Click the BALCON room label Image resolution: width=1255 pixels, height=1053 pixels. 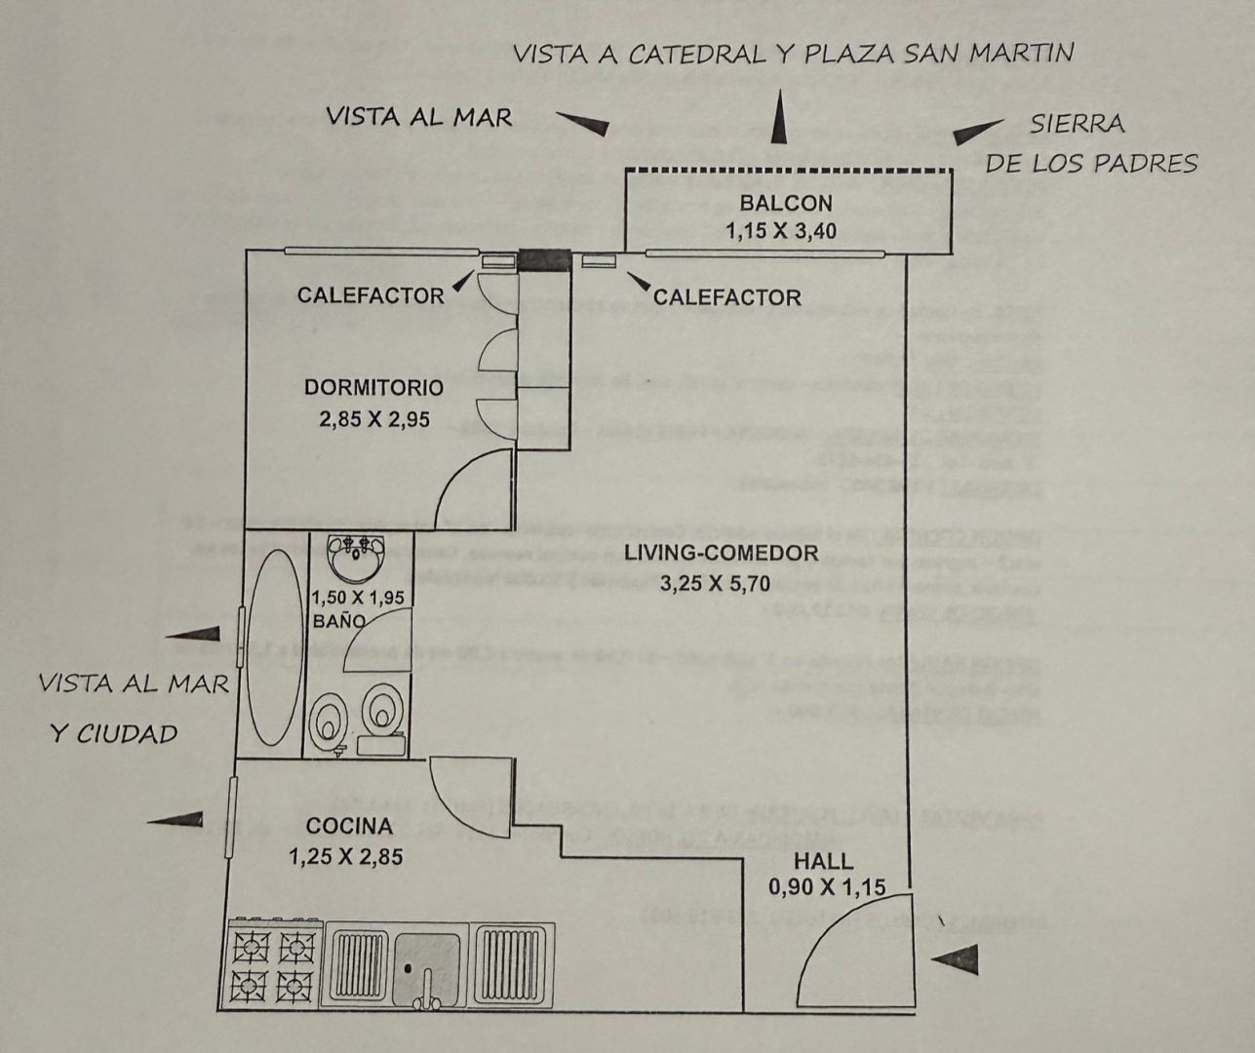[785, 204]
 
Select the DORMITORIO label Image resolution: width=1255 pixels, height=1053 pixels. [373, 387]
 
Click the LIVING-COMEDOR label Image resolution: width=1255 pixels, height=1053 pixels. [721, 554]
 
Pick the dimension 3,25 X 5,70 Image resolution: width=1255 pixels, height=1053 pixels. [721, 584]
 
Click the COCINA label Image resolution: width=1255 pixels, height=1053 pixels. [349, 827]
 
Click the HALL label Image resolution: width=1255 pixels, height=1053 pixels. [823, 862]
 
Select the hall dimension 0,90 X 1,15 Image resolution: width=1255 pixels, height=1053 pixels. [827, 887]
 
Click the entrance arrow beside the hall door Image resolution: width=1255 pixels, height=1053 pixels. [955, 959]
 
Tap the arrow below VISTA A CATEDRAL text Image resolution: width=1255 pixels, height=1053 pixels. [778, 120]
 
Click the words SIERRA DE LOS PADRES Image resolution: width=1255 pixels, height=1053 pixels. [1090, 144]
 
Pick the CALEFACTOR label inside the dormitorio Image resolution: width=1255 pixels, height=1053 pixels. [371, 294]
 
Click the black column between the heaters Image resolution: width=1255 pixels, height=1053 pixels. [543, 259]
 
